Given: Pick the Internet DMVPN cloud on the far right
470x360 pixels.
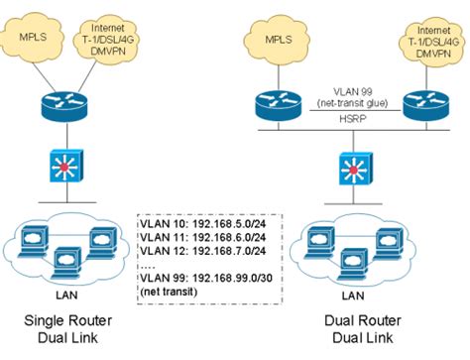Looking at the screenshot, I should pyautogui.click(x=428, y=39).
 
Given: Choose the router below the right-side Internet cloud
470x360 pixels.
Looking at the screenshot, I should pyautogui.click(x=427, y=102).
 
